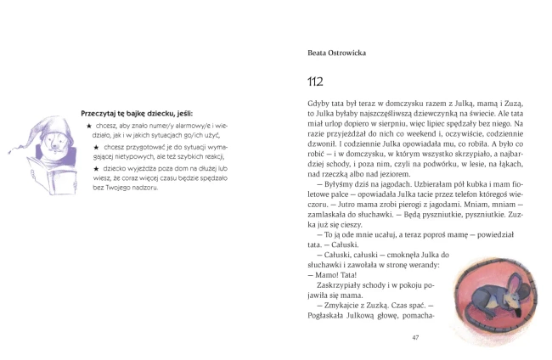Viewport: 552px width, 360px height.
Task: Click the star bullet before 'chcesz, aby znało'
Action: pos(89,126)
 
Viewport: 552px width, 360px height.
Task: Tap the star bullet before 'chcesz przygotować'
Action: pos(96,147)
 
